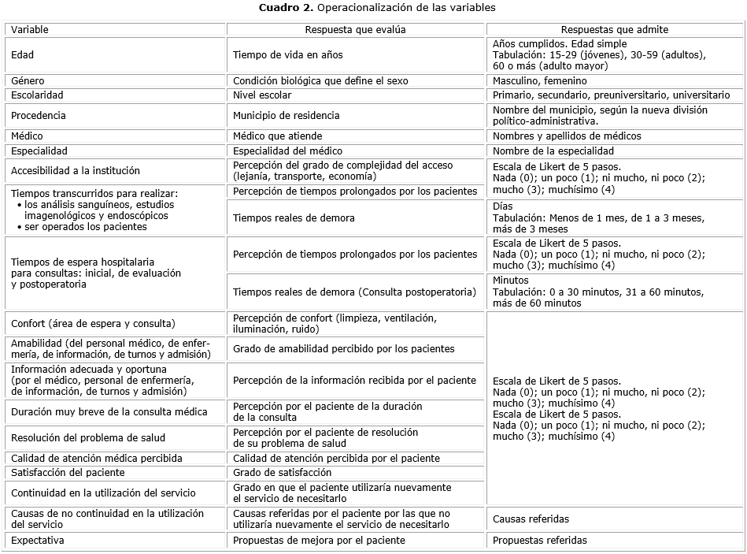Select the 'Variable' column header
pos(30,30)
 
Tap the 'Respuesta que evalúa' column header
pos(356,30)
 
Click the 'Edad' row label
pos(23,55)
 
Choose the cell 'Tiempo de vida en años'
pos(288,55)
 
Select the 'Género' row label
pos(28,80)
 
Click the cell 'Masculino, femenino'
pos(539,80)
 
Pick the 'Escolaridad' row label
pos(37,95)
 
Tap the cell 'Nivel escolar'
pos(262,95)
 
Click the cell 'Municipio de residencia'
pos(286,116)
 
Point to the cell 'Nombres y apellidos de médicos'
pos(567,136)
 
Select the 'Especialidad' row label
pos(39,151)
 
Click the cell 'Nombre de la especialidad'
pos(553,151)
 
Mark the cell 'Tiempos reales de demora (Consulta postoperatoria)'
pos(354,292)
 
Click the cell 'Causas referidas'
pos(531,519)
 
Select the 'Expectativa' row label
pos(38,541)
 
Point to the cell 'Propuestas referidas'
pos(539,541)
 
